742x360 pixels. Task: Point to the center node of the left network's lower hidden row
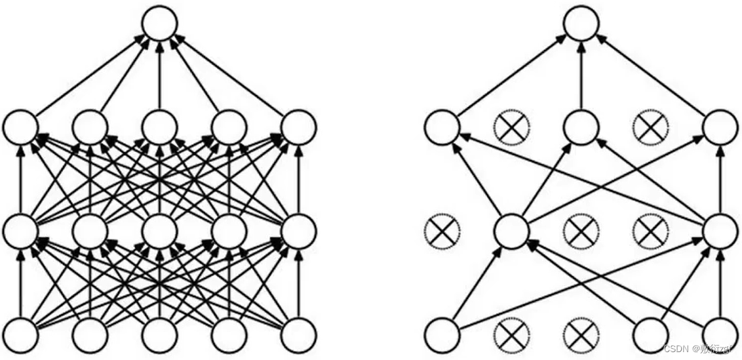click(x=160, y=231)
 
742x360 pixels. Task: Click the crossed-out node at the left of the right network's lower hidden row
click(x=442, y=231)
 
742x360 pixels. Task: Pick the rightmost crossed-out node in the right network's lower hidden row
click(x=651, y=231)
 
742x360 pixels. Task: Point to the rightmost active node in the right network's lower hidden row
click(x=720, y=231)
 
